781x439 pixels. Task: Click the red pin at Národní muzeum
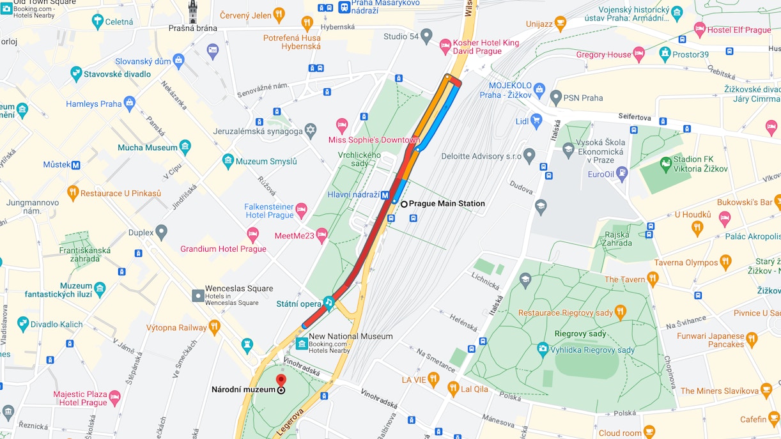pyautogui.click(x=281, y=381)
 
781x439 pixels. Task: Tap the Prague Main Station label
pyautogui.click(x=447, y=204)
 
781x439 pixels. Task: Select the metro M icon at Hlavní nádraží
pyautogui.click(x=386, y=196)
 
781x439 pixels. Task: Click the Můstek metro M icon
pyautogui.click(x=76, y=165)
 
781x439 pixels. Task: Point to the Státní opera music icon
pyautogui.click(x=329, y=301)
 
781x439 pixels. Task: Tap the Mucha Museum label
pyautogui.click(x=147, y=148)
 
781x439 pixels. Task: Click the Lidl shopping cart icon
pyautogui.click(x=536, y=119)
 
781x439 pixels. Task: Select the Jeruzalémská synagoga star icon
pyautogui.click(x=311, y=130)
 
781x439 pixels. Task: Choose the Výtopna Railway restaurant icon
pyautogui.click(x=214, y=327)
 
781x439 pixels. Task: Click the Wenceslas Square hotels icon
pyautogui.click(x=198, y=295)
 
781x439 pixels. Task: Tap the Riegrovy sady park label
pyautogui.click(x=580, y=334)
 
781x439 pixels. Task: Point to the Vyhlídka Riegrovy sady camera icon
pyautogui.click(x=543, y=349)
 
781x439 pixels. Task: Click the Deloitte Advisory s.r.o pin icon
pyautogui.click(x=529, y=155)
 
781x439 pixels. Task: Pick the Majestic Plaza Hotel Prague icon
pyautogui.click(x=114, y=398)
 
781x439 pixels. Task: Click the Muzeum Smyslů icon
pyautogui.click(x=228, y=160)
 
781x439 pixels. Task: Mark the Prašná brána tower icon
pyautogui.click(x=193, y=12)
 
